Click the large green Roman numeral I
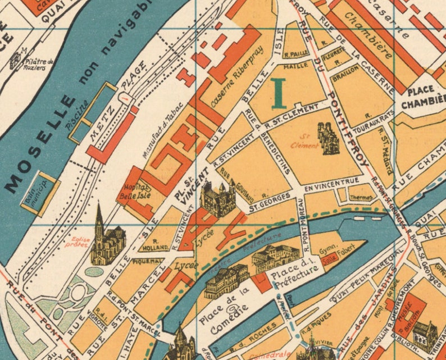click(279, 93)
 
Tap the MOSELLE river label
click(42, 143)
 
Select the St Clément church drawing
click(328, 138)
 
